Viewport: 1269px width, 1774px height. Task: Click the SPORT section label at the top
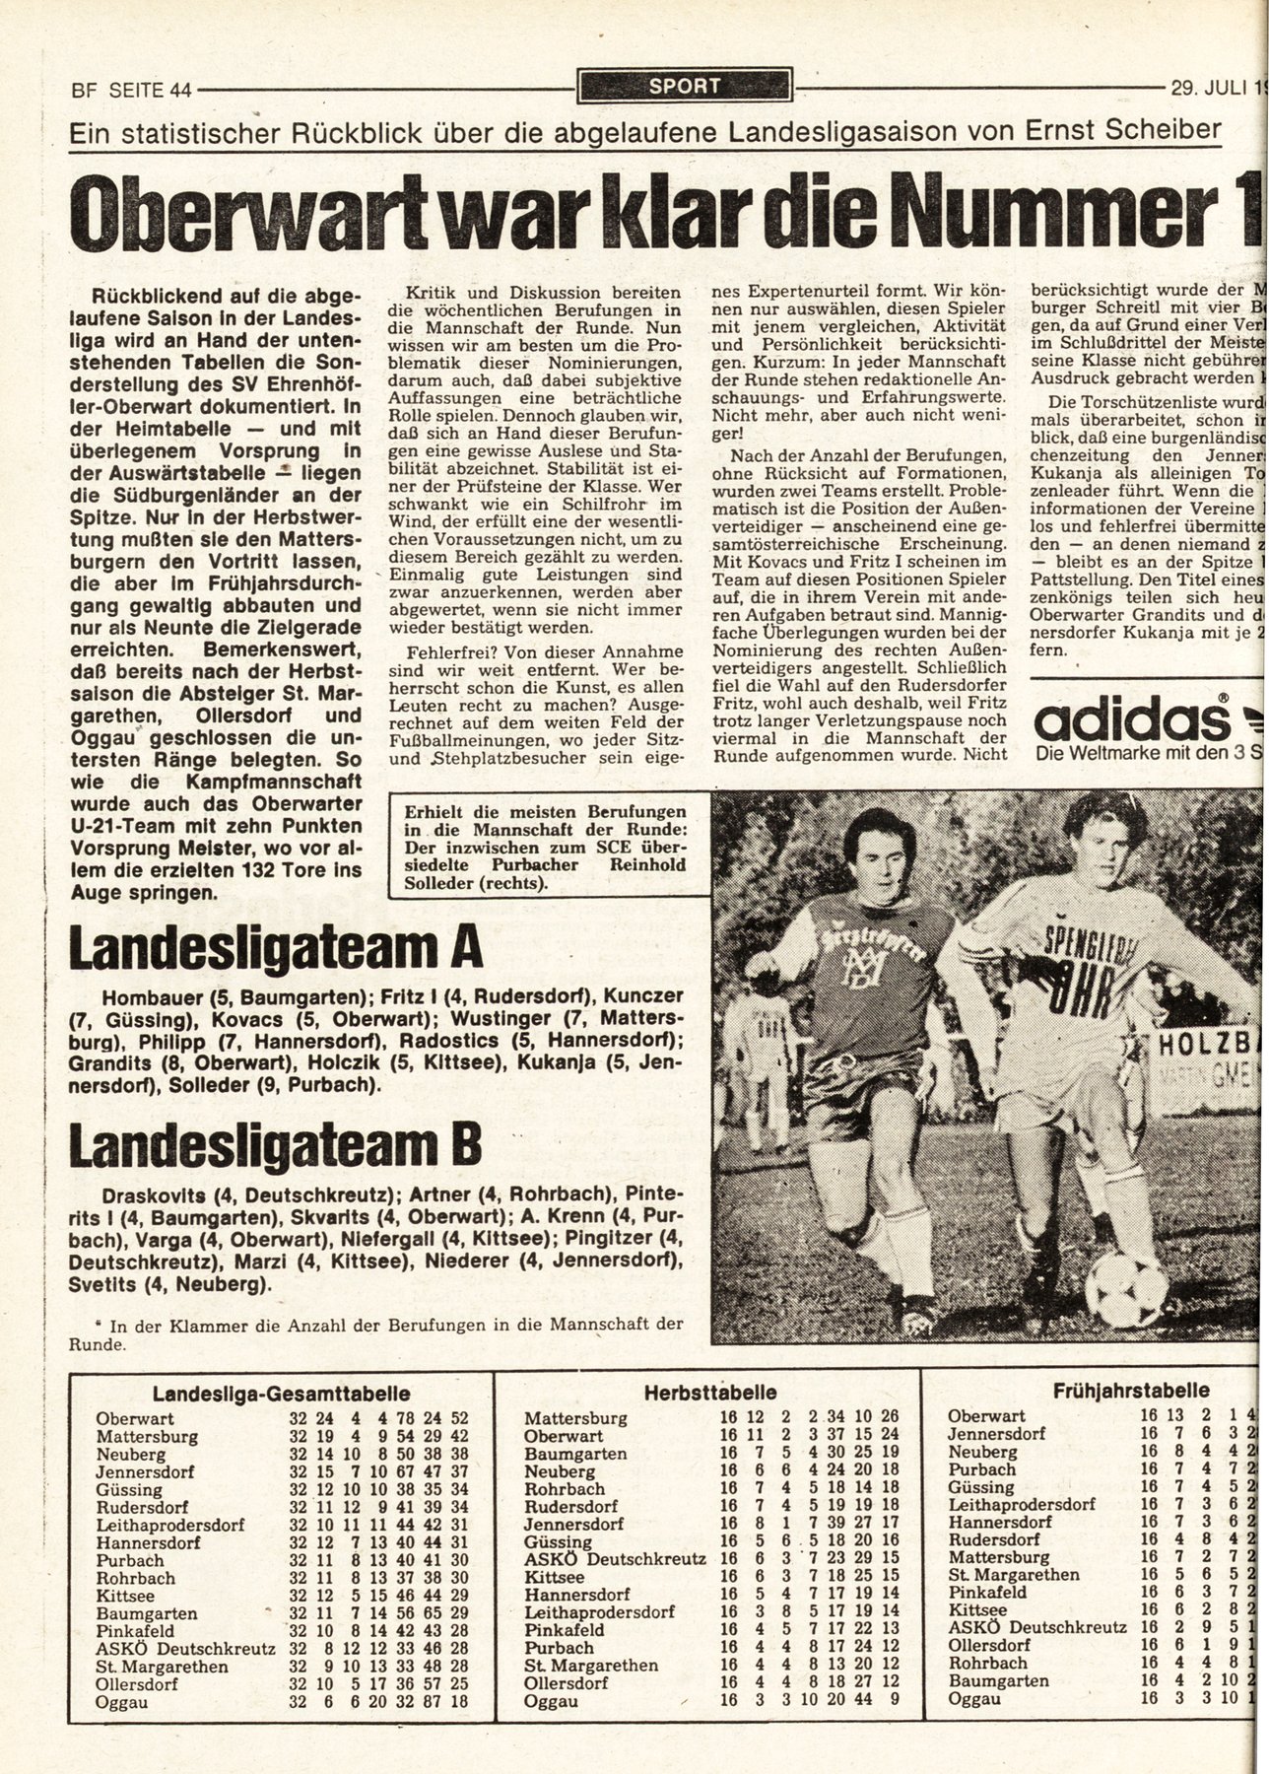click(x=685, y=87)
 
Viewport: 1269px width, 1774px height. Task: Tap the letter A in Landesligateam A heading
click(x=465, y=947)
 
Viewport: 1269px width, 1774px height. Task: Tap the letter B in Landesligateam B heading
click(x=465, y=1144)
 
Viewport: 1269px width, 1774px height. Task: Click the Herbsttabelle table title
click(x=709, y=1394)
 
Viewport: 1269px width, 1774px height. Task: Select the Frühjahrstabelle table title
click(x=1131, y=1391)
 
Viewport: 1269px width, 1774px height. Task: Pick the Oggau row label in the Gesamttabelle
click(x=120, y=1701)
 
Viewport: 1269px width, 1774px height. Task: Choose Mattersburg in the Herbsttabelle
click(x=575, y=1419)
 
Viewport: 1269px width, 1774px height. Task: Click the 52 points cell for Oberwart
click(x=459, y=1419)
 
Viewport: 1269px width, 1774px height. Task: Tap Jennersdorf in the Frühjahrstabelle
click(x=995, y=1434)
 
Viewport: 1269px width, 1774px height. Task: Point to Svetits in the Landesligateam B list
click(x=101, y=1285)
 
